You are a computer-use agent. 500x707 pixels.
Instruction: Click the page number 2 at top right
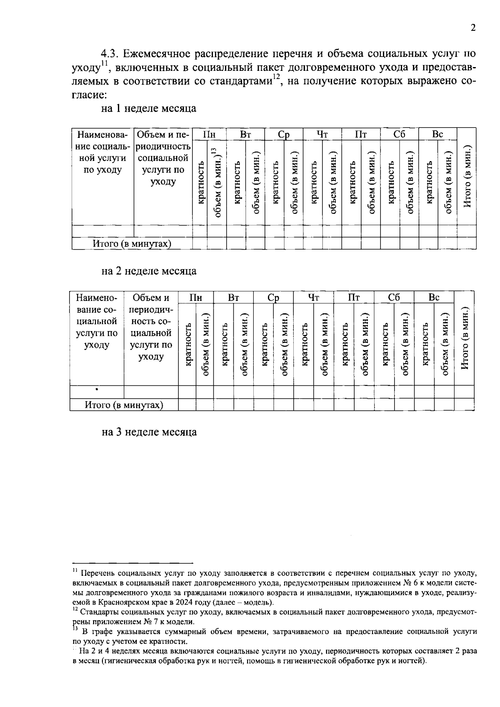click(x=472, y=28)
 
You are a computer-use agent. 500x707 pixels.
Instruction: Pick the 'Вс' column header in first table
click(x=437, y=135)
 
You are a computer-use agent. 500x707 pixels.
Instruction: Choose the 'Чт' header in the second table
click(x=313, y=297)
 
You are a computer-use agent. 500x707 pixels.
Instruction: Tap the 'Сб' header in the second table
click(x=394, y=297)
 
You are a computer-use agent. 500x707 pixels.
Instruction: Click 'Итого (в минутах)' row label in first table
click(x=132, y=244)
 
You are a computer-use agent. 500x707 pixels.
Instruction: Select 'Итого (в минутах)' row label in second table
click(x=124, y=405)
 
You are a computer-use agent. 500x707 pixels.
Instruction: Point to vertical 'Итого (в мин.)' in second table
click(x=465, y=338)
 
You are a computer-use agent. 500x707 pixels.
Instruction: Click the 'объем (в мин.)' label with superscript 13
click(x=217, y=182)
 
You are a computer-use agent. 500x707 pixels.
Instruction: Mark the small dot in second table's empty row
click(x=97, y=390)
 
